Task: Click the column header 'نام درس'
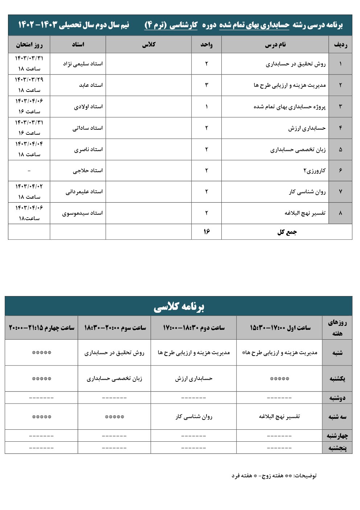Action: [275, 45]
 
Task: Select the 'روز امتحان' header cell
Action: [29, 45]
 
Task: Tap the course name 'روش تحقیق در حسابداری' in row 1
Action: [296, 64]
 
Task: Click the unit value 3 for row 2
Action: [206, 85]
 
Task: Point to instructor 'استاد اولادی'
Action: [88, 106]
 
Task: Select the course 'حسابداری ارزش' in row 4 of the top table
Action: [307, 128]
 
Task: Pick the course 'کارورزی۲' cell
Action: [314, 170]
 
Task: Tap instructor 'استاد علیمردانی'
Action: [84, 191]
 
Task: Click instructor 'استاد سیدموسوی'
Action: [82, 213]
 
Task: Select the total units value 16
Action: [206, 232]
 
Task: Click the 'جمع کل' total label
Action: [287, 232]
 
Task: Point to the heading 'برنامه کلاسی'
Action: [179, 307]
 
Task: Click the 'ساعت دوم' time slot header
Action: [194, 328]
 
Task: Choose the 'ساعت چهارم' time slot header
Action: [41, 328]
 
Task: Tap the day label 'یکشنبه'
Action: [337, 379]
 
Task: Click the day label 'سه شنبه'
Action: [337, 417]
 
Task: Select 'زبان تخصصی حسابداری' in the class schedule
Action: [114, 379]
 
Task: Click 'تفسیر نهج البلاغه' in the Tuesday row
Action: [279, 416]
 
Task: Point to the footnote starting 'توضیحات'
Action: [274, 475]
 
